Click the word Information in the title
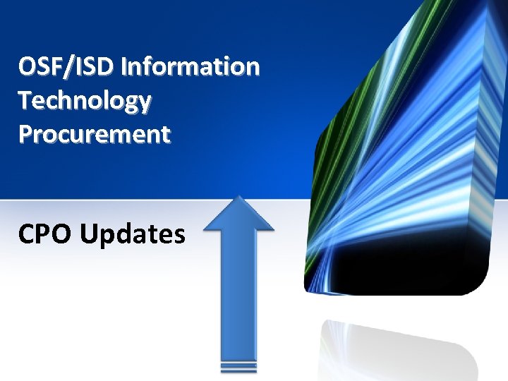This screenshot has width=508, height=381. [191, 67]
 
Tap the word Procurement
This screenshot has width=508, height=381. [95, 133]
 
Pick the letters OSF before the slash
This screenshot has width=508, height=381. [40, 67]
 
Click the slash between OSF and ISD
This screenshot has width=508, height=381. [68, 67]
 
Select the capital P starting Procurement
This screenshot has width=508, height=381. [26, 133]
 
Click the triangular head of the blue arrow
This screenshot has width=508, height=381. [239, 214]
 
